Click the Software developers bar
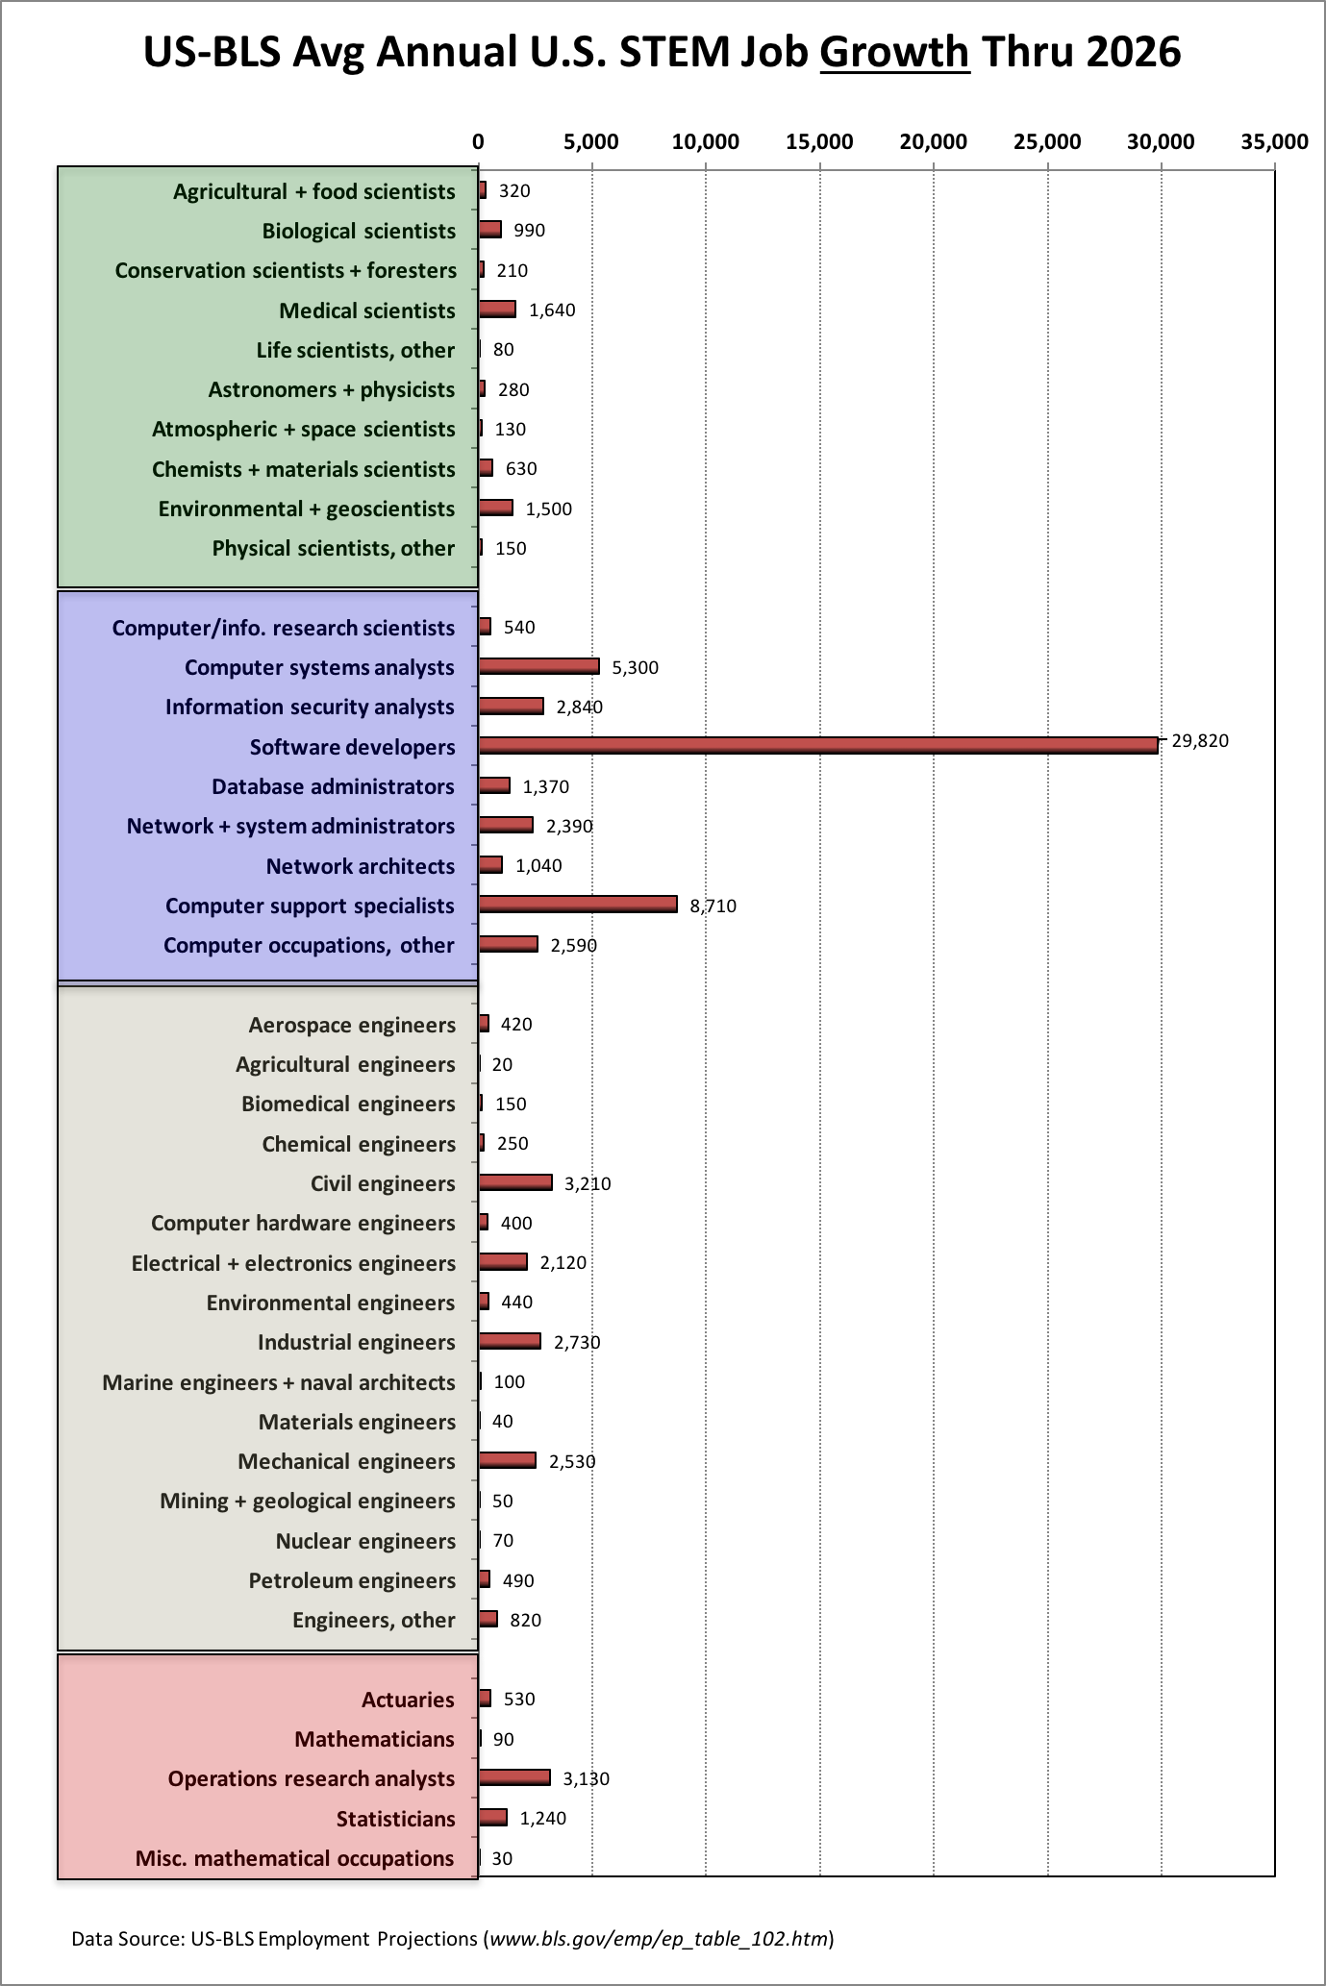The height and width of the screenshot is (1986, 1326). pos(818,745)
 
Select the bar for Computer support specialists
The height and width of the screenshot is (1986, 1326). pos(578,904)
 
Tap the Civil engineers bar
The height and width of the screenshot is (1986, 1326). pos(515,1181)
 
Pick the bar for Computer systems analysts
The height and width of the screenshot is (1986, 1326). pos(539,665)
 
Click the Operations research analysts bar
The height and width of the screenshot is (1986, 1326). pos(514,1776)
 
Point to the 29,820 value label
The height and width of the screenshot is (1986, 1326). pos(1200,740)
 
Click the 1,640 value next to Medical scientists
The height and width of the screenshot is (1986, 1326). pos(552,310)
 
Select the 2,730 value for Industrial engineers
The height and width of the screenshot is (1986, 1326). pos(577,1342)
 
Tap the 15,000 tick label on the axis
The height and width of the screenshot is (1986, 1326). pos(819,142)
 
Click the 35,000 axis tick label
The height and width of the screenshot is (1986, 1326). pos(1274,142)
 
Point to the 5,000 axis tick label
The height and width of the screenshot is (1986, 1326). pos(591,142)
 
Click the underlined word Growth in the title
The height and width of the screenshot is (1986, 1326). pos(894,51)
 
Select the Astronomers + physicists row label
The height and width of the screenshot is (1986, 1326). pos(332,389)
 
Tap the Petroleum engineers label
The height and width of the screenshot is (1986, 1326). pos(352,1580)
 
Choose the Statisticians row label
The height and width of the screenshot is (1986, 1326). pos(395,1819)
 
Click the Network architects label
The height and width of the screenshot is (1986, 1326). pos(361,866)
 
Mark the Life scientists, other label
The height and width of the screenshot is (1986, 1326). pos(356,350)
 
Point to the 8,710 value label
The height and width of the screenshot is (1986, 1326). pos(713,906)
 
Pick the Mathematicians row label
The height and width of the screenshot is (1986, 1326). pos(375,1739)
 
